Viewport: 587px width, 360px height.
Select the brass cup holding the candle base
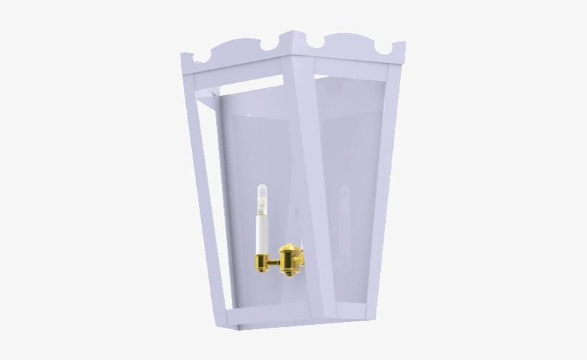click(x=262, y=259)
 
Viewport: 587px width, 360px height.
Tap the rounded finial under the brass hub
click(x=288, y=273)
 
